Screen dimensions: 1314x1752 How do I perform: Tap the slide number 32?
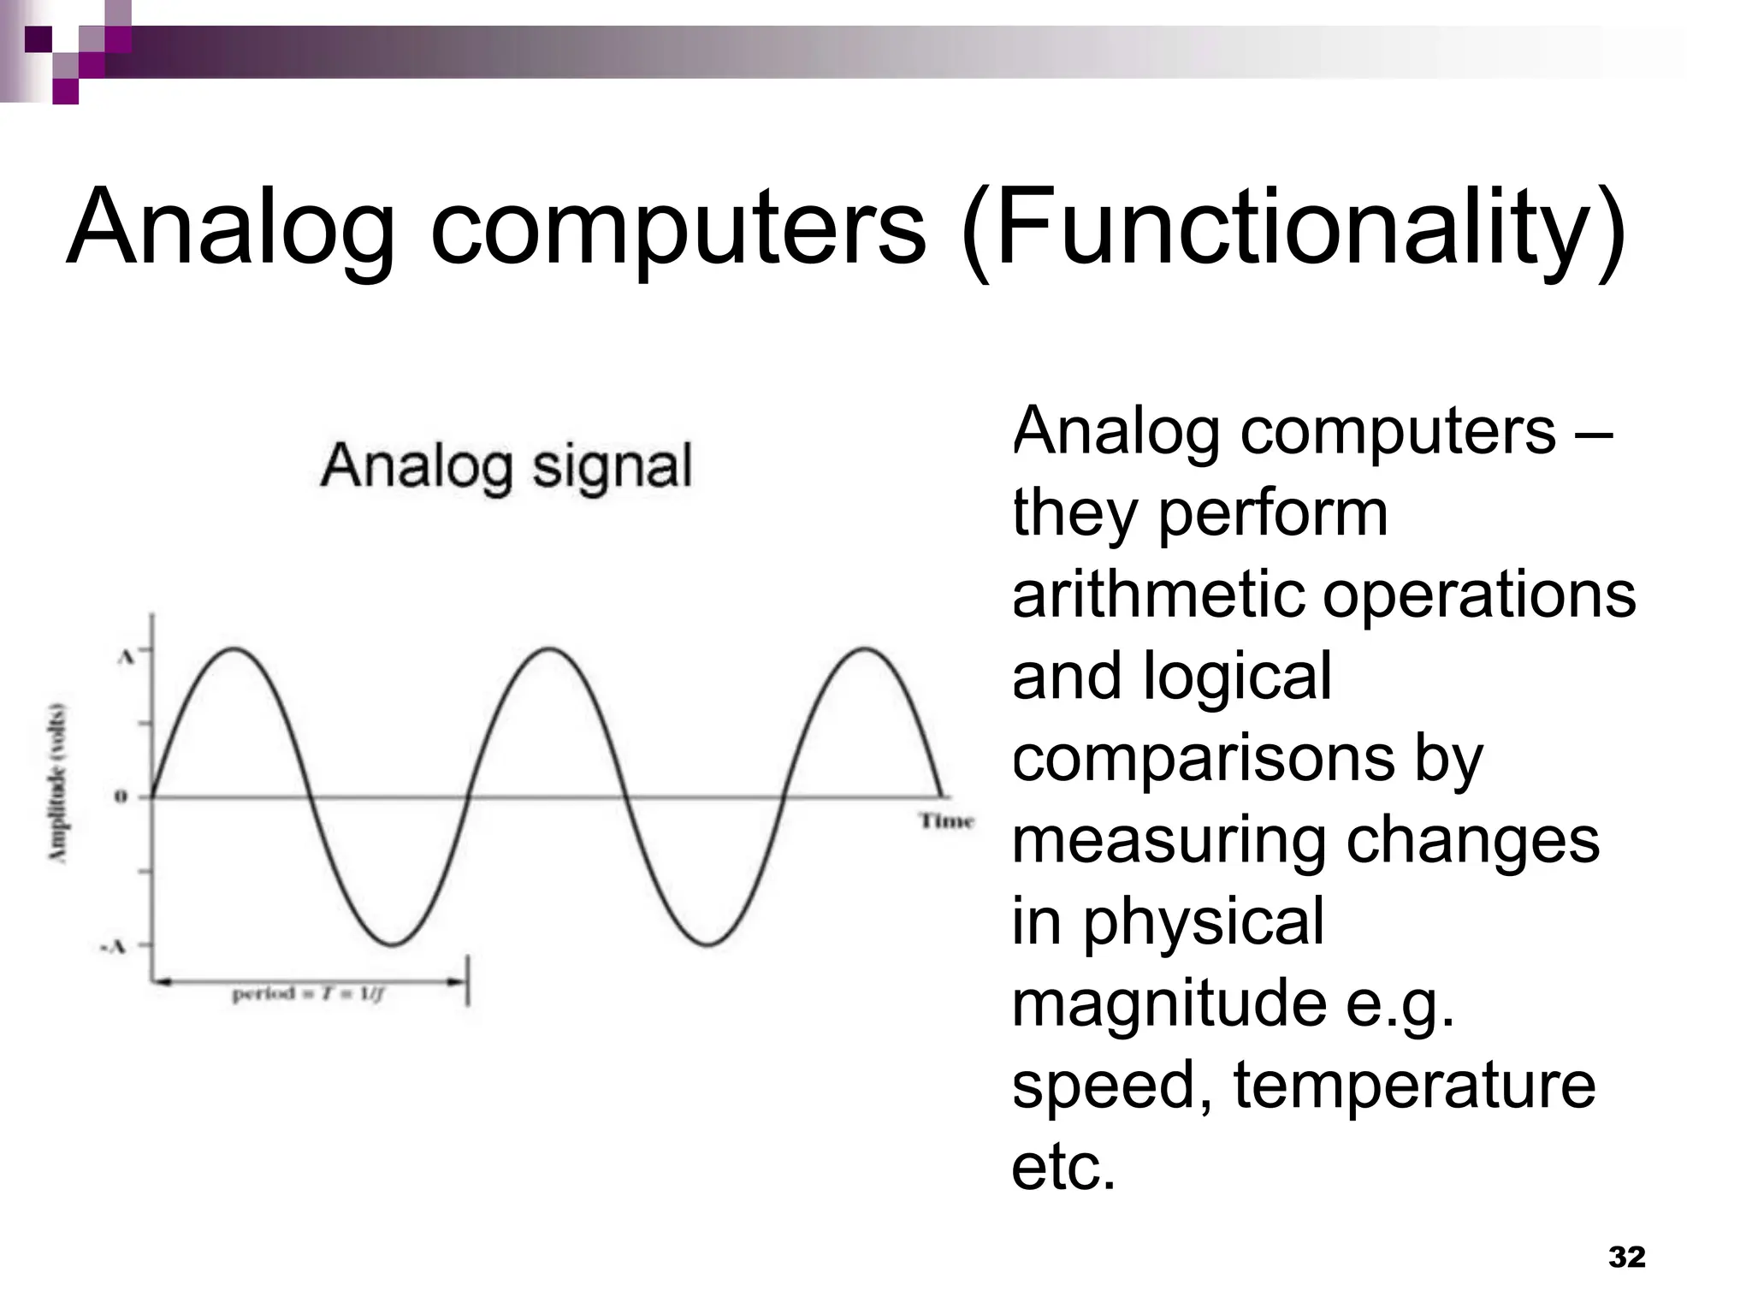coord(1626,1257)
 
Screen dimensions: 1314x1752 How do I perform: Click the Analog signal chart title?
coord(506,467)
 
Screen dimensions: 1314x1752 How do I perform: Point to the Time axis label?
coord(946,821)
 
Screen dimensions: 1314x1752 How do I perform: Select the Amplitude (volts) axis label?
coord(57,783)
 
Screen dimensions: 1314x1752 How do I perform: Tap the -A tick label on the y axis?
coord(113,946)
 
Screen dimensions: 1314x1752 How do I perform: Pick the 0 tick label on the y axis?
coord(121,797)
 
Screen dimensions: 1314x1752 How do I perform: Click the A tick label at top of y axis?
coord(125,657)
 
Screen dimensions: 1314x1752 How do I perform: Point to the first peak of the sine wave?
coord(234,650)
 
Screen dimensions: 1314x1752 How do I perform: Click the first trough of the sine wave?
coord(392,944)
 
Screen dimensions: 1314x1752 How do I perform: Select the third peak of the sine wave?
coord(865,650)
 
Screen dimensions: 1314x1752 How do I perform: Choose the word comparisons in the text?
coord(1203,758)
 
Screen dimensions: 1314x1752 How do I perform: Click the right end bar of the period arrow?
coord(467,982)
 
